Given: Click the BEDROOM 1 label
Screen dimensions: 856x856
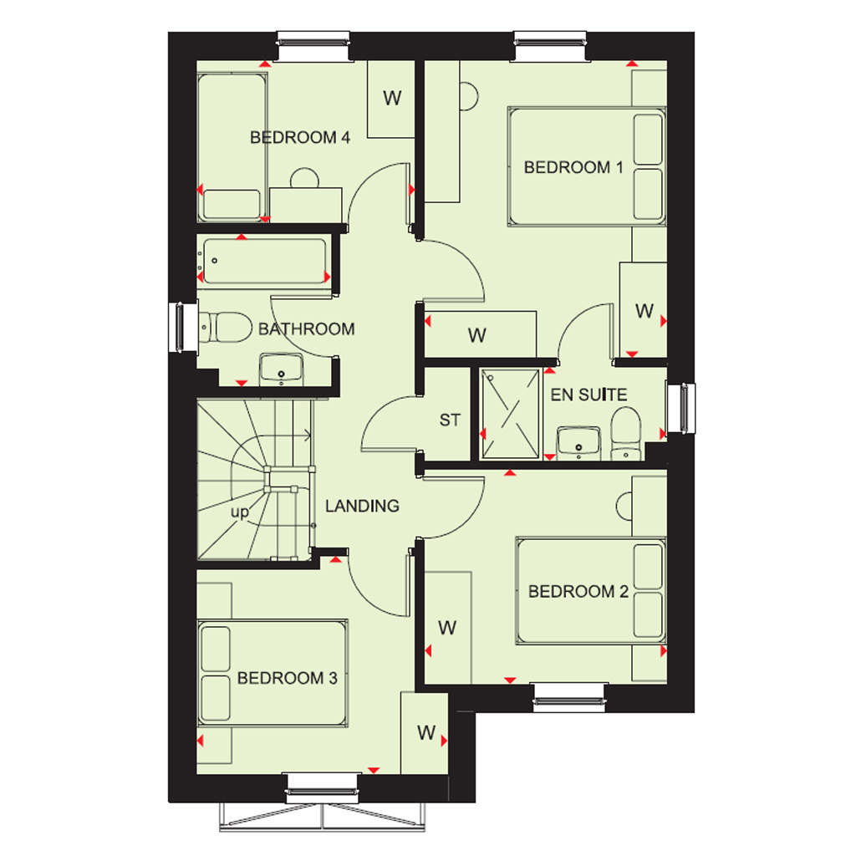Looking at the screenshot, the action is (x=573, y=167).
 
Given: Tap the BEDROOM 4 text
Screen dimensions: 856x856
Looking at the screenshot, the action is (x=300, y=138).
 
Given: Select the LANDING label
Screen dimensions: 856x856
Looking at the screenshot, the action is (x=362, y=506).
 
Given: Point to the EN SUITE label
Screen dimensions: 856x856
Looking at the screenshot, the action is (x=588, y=395).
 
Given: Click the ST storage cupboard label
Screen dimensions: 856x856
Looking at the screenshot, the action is (x=450, y=420).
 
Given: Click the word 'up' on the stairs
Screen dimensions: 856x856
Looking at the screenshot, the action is (x=240, y=512).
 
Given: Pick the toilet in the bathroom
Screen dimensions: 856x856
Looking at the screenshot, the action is (x=225, y=327).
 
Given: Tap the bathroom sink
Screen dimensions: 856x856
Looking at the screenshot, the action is (x=281, y=369).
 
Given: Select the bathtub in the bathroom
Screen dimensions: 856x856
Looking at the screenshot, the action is (x=264, y=261).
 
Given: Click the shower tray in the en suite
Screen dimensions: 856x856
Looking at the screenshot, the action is (x=510, y=414).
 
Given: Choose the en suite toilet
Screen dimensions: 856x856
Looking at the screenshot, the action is (x=625, y=434).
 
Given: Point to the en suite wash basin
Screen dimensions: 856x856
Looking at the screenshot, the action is (x=578, y=443).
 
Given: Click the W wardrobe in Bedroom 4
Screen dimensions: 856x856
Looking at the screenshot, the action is (x=391, y=99).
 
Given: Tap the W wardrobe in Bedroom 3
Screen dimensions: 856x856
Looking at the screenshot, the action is (x=425, y=732).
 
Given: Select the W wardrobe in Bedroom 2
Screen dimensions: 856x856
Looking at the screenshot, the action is (x=448, y=628).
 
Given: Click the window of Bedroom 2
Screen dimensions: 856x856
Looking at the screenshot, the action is (x=568, y=698).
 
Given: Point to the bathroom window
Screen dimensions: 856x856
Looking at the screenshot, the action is (x=181, y=327).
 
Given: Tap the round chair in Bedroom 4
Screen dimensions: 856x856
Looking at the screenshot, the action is (x=304, y=178).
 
